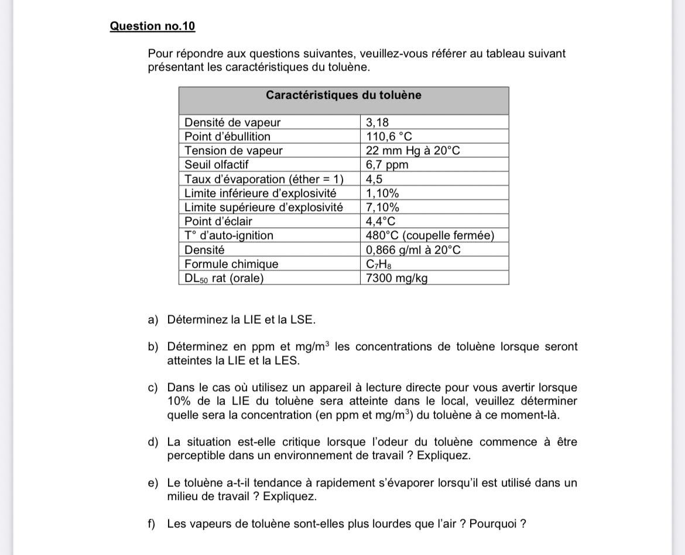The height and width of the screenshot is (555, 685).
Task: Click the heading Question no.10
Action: [153, 26]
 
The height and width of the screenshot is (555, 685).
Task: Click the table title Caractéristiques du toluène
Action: [343, 95]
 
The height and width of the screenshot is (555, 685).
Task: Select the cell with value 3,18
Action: [377, 123]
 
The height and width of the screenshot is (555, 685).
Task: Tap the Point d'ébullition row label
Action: [228, 137]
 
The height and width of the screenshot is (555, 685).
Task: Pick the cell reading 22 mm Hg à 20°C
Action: [413, 151]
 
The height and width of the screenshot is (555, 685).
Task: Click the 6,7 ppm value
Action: [387, 165]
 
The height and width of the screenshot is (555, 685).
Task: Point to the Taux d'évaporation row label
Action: [264, 179]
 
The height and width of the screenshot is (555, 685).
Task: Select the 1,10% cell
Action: [382, 193]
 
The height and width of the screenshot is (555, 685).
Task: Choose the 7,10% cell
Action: [382, 207]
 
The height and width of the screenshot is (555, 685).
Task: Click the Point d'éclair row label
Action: [218, 222]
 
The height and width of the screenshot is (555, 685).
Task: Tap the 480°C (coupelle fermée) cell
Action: [430, 236]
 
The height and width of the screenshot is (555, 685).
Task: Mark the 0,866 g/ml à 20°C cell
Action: [413, 250]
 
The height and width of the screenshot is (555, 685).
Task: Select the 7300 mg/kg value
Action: [397, 278]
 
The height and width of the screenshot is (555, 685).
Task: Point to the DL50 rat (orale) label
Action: [224, 278]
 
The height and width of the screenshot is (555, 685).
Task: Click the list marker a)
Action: [153, 320]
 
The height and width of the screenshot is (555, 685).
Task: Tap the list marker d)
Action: [153, 442]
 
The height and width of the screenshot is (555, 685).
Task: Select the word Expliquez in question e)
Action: [290, 497]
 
